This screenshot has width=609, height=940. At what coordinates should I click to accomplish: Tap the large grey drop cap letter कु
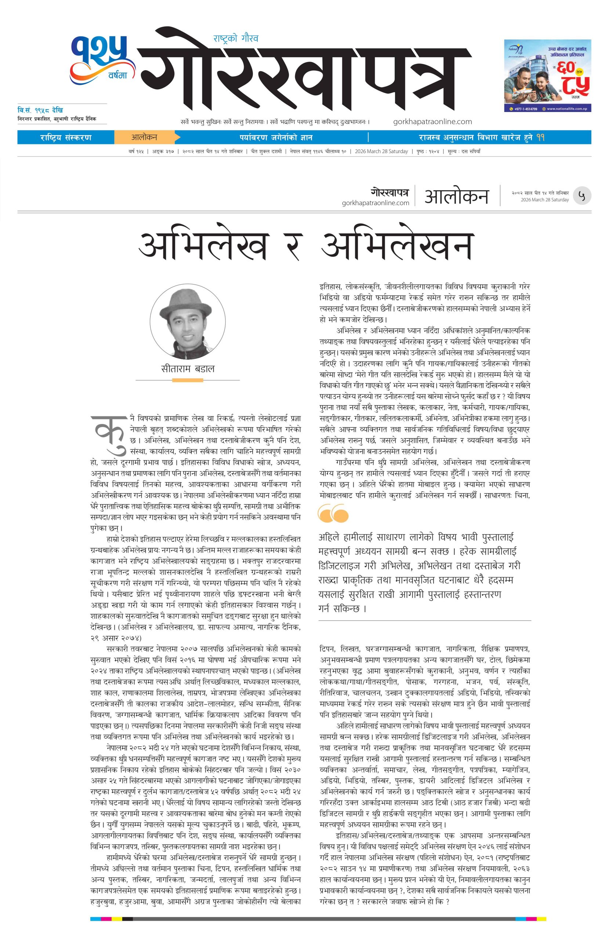[107, 431]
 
